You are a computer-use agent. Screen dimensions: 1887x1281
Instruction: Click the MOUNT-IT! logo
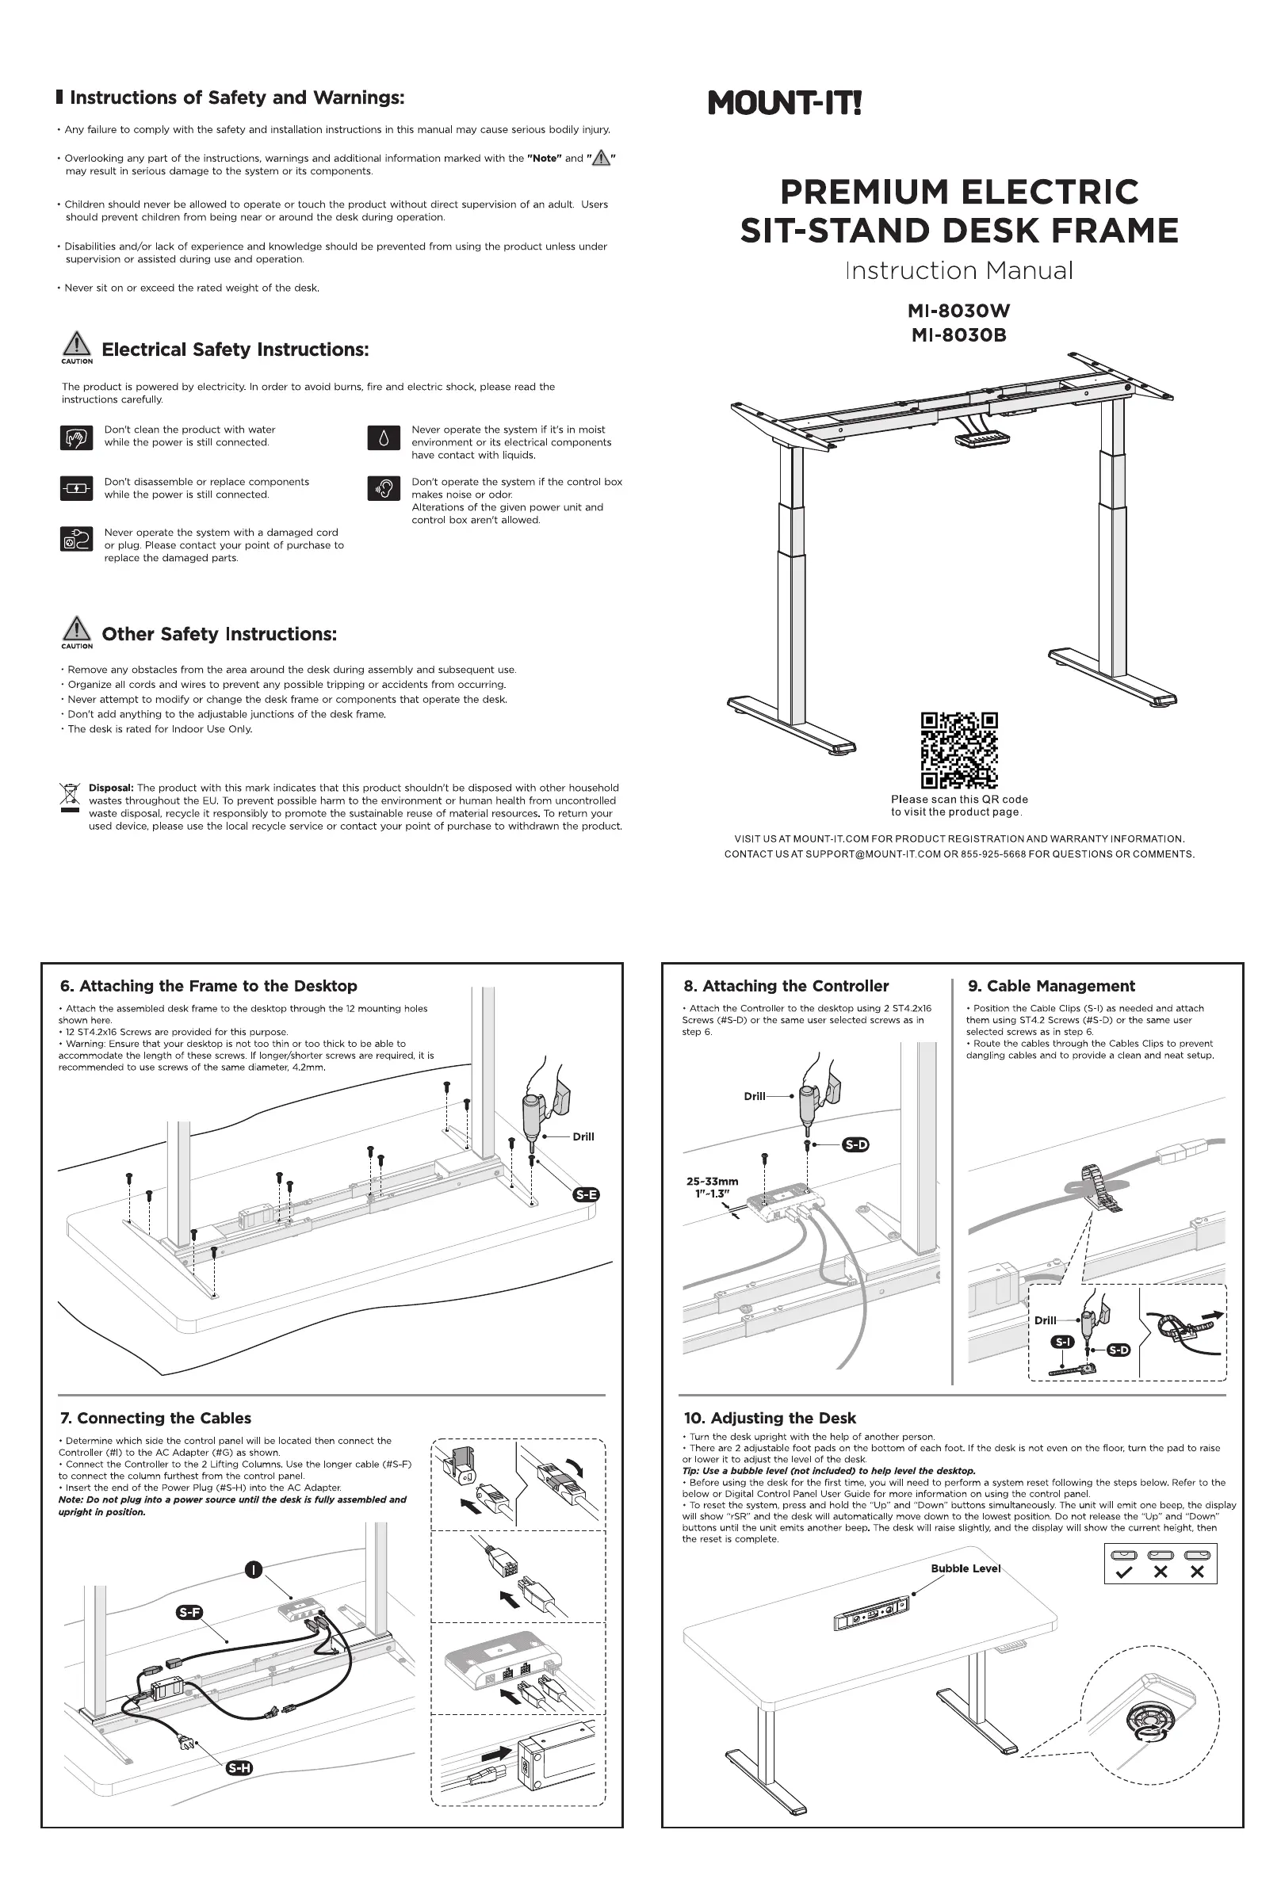tap(784, 104)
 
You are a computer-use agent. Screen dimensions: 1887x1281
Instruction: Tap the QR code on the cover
tap(958, 750)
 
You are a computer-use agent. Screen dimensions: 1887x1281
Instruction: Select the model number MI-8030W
tap(958, 311)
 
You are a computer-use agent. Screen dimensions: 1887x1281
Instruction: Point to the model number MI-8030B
tap(958, 335)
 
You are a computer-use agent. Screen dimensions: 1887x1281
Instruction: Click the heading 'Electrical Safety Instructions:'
tap(235, 350)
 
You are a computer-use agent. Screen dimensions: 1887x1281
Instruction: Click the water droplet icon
tap(384, 438)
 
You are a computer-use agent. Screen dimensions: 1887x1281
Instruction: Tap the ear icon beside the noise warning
tap(384, 488)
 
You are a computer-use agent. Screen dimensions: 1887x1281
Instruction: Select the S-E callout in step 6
tap(586, 1194)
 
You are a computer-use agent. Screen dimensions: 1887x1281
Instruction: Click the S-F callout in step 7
tap(189, 1612)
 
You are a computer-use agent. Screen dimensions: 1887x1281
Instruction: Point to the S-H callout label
tap(239, 1767)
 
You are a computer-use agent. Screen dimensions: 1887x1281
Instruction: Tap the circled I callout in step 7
tap(254, 1570)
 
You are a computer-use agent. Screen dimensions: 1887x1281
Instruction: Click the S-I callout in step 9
tap(1063, 1342)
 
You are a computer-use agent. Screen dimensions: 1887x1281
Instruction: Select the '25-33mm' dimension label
tap(713, 1182)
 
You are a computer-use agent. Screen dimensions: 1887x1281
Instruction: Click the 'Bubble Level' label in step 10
tap(965, 1568)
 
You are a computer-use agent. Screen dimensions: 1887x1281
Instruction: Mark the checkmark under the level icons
tap(1124, 1571)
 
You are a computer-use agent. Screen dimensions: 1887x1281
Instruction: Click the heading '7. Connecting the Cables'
tap(155, 1418)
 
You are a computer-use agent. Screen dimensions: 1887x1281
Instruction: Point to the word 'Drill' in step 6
tap(583, 1136)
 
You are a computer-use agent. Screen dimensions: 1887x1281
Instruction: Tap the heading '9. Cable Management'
tap(1051, 986)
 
